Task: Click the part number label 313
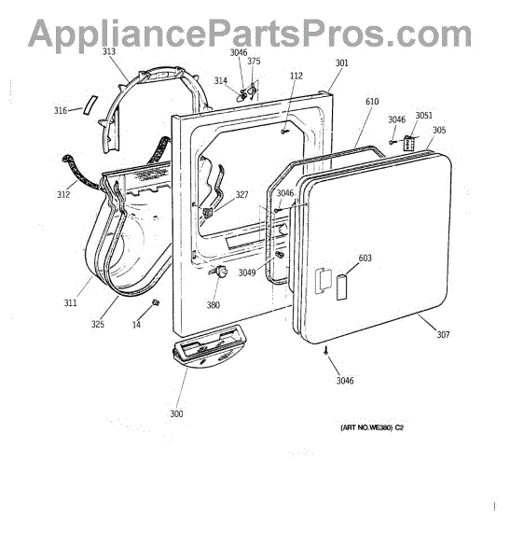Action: coord(109,51)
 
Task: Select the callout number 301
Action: coord(341,63)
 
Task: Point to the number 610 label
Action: coord(372,102)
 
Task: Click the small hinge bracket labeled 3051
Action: coord(408,143)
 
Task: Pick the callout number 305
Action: coord(439,130)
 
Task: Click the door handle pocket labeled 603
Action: coord(342,287)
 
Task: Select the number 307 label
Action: coord(443,335)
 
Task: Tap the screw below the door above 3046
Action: coord(326,350)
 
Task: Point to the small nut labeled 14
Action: coord(156,302)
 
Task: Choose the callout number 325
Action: coord(98,324)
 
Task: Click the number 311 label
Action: coord(70,302)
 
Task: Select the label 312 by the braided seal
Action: coord(63,195)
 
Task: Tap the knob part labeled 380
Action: coord(221,273)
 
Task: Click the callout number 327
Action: coord(241,195)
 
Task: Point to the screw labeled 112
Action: coord(284,132)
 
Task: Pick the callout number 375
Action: coord(254,61)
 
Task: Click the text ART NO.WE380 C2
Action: coord(372,427)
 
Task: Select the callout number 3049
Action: coord(247,273)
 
